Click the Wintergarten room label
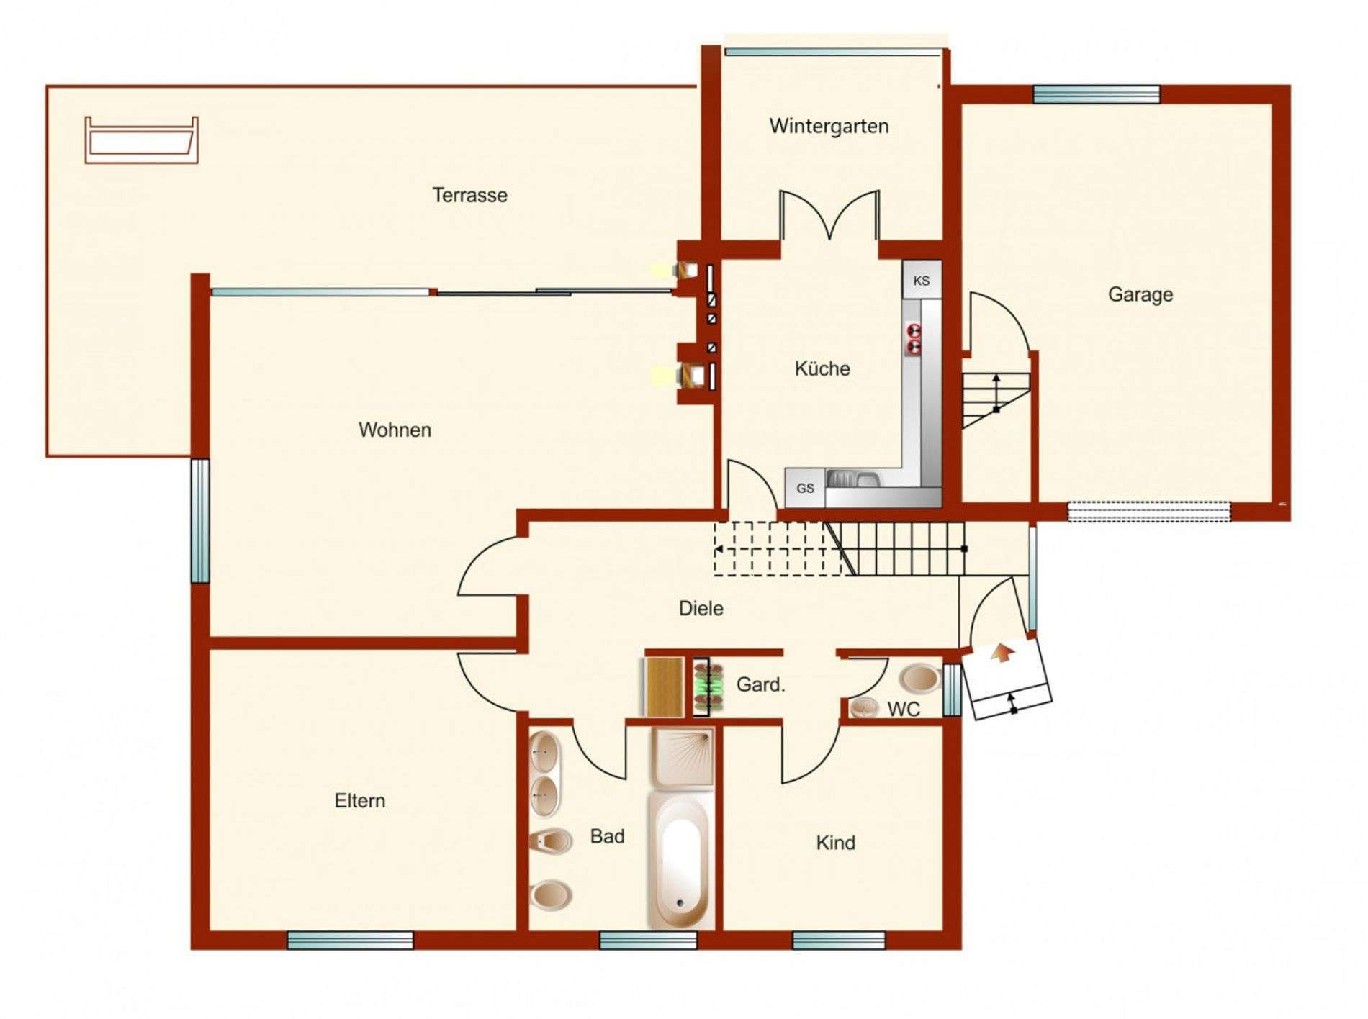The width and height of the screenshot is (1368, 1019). pos(829,127)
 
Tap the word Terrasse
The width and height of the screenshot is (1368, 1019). pos(469,195)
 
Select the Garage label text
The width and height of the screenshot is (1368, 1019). pos(1140,294)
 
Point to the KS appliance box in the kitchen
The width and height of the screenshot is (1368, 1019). pos(922,280)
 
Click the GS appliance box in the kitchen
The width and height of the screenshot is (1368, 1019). pos(805,488)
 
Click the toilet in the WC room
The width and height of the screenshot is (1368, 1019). pos(920,678)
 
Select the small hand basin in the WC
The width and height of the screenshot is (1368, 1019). pos(865,708)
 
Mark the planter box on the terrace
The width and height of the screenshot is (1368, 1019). pos(141,140)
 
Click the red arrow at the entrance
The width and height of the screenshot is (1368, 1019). pos(1001,653)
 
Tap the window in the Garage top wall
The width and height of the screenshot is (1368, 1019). pos(1097,94)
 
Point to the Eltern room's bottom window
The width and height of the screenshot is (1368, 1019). pos(350,940)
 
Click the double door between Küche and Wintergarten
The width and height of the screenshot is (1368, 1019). pos(829,214)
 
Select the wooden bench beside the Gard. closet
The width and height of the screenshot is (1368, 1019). pos(664,687)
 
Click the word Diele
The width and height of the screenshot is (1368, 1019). pos(701,609)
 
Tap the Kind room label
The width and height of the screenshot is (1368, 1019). pos(835,843)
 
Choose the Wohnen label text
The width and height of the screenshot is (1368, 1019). pos(395,430)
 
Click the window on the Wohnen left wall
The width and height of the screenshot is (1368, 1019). pos(199,520)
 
